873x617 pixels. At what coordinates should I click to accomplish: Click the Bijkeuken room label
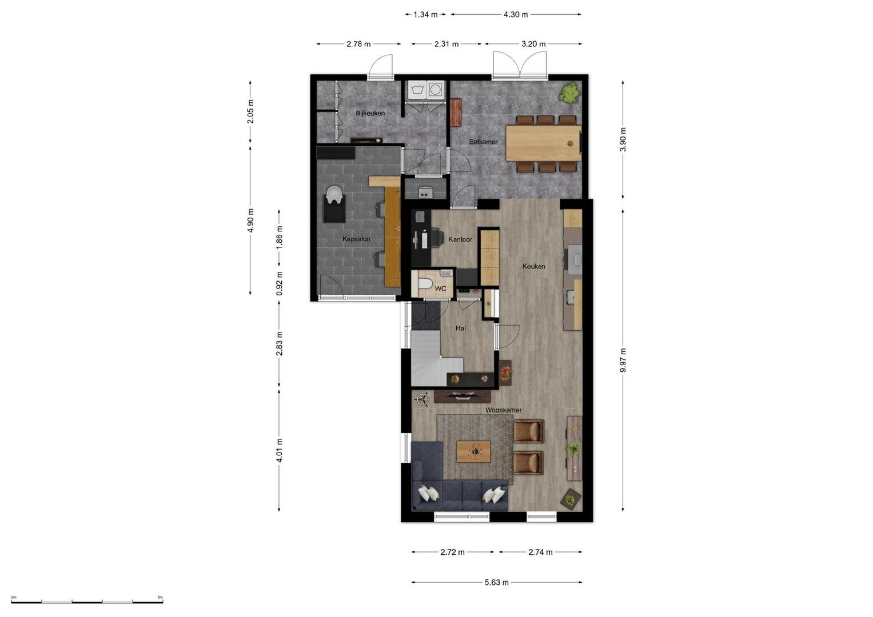[370, 113]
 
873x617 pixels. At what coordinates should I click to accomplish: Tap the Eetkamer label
[483, 142]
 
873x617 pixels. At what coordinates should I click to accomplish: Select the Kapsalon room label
[356, 239]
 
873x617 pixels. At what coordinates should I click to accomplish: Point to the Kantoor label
[460, 239]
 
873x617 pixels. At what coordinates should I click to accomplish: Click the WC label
[440, 289]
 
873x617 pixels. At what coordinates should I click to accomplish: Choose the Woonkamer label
[503, 410]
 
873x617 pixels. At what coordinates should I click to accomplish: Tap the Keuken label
[533, 266]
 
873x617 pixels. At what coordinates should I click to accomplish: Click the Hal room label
[461, 328]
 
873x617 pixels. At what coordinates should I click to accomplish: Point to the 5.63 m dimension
[496, 582]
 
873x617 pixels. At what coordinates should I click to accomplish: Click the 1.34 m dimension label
[425, 15]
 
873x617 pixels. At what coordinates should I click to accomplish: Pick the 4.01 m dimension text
[279, 450]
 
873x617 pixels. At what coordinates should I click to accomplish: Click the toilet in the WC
[424, 283]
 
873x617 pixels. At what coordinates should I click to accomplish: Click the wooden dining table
[543, 143]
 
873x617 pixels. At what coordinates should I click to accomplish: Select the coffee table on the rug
[473, 451]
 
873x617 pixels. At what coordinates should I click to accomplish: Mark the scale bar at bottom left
[87, 602]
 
